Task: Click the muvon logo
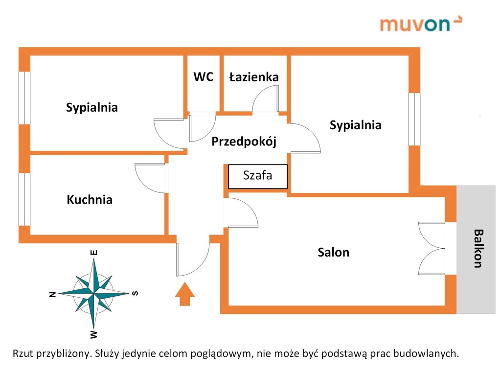[421, 24]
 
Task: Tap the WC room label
[203, 77]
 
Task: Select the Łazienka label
[254, 77]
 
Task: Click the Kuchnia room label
[90, 200]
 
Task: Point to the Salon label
[333, 252]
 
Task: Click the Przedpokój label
[244, 141]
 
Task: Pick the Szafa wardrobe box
[257, 176]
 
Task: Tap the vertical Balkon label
[478, 248]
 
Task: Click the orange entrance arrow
[184, 294]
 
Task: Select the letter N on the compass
[53, 294]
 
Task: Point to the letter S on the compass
[135, 293]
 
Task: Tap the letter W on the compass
[93, 334]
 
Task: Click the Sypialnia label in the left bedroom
[91, 107]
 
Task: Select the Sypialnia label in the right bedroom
[355, 125]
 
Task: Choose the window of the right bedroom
[414, 119]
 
